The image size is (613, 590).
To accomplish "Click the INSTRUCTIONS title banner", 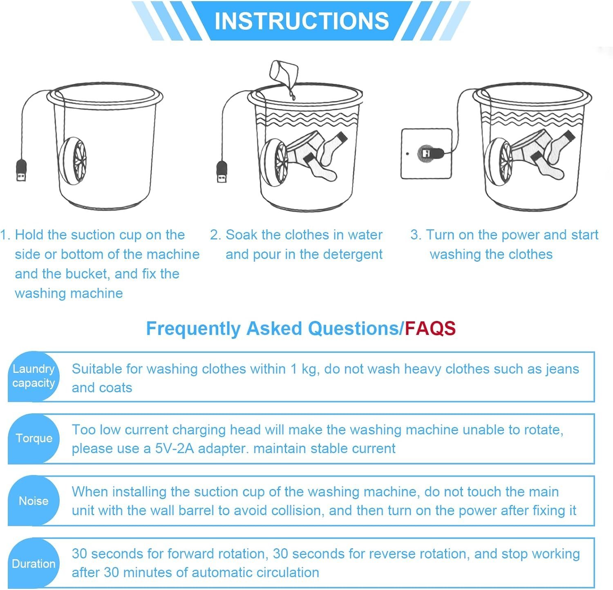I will coord(302,21).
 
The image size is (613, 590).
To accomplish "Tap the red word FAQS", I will coord(430,328).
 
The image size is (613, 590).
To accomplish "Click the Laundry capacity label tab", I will coord(34,376).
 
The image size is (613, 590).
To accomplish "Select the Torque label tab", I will coord(34,438).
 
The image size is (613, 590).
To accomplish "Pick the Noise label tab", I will coord(34,501).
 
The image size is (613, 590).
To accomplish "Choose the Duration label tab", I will coord(34,564).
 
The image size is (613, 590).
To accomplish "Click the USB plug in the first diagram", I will coord(21,170).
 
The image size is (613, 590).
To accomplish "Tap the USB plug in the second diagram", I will coord(222,172).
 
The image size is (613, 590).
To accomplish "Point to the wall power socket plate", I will coord(426,154).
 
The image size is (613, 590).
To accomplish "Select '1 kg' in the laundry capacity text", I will coord(303,369).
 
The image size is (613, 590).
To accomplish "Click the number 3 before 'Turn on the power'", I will coord(415,235).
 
